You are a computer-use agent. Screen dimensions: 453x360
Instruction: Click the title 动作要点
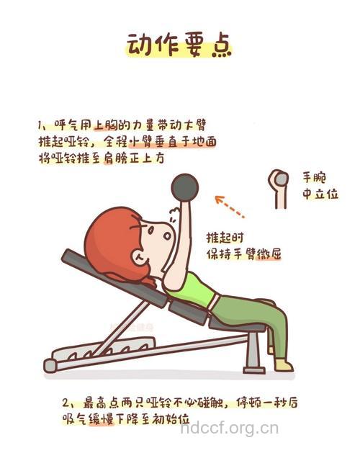[x=179, y=45]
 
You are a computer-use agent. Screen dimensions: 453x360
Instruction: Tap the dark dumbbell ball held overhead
[x=184, y=187]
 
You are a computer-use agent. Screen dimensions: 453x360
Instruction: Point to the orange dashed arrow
[x=230, y=206]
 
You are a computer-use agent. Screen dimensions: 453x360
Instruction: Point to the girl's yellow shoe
[x=283, y=364]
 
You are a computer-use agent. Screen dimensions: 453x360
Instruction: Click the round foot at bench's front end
[x=50, y=365]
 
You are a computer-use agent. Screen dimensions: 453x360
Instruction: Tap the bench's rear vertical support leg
[x=253, y=353]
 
